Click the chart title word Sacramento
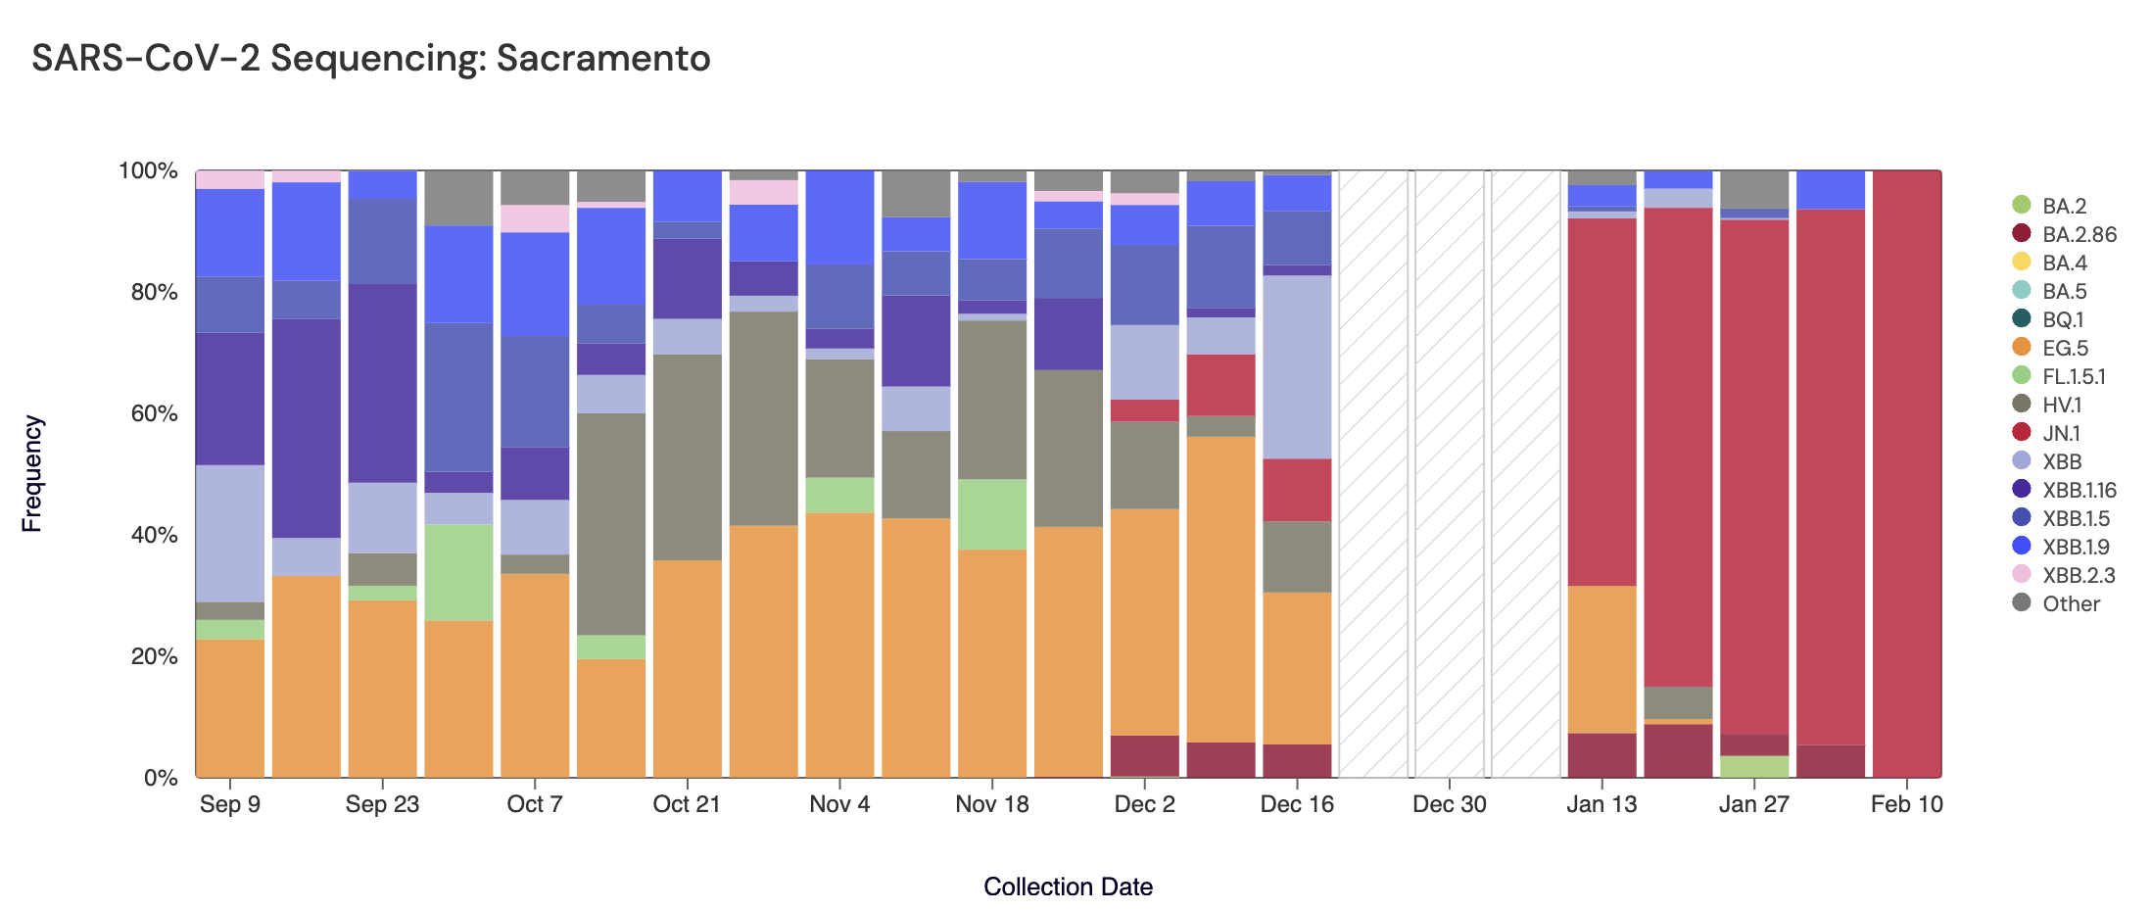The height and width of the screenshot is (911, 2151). click(602, 59)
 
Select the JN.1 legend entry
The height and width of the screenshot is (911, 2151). click(2061, 433)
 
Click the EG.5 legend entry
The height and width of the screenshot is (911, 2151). click(2065, 348)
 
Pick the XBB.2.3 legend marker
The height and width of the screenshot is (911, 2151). click(2021, 574)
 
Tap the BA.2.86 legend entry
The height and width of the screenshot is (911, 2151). click(2079, 234)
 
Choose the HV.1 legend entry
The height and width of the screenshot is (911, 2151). click(2062, 405)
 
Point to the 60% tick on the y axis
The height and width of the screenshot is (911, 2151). click(155, 413)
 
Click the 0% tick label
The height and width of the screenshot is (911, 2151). click(161, 778)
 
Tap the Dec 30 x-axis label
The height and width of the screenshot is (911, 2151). click(1449, 804)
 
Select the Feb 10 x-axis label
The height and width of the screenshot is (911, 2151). click(1906, 804)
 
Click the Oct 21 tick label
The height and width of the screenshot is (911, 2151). click(687, 804)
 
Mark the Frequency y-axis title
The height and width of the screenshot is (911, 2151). click(32, 473)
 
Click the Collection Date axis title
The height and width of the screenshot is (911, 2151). click(1068, 887)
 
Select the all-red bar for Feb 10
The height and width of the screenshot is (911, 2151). click(1906, 470)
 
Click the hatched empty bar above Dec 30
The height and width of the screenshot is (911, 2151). click(1449, 470)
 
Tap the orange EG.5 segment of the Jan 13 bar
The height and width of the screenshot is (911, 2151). click(1601, 659)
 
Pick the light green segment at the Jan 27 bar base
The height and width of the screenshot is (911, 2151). click(1754, 767)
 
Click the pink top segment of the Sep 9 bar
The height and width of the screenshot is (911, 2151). click(230, 179)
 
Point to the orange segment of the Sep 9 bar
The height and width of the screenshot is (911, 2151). click(230, 708)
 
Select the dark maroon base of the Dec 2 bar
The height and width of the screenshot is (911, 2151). click(1144, 755)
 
